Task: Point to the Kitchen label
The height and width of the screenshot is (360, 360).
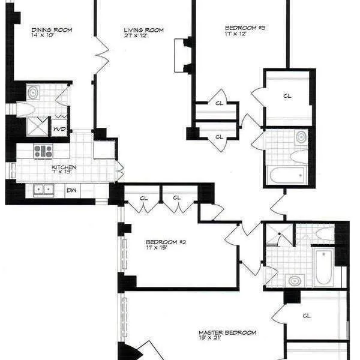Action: pyautogui.click(x=63, y=167)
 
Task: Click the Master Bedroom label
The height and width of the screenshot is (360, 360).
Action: pyautogui.click(x=227, y=332)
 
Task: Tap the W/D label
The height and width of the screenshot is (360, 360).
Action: pyautogui.click(x=59, y=128)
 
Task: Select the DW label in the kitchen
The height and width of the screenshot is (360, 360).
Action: pyautogui.click(x=71, y=191)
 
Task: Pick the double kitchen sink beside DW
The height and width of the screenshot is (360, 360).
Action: pyautogui.click(x=43, y=190)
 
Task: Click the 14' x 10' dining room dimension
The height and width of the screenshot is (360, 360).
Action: pyautogui.click(x=51, y=35)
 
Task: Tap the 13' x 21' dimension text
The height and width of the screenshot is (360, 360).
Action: pyautogui.click(x=220, y=340)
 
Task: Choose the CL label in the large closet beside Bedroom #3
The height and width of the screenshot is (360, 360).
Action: pyautogui.click(x=287, y=95)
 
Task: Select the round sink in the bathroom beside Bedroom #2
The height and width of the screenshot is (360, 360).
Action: pyautogui.click(x=295, y=280)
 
